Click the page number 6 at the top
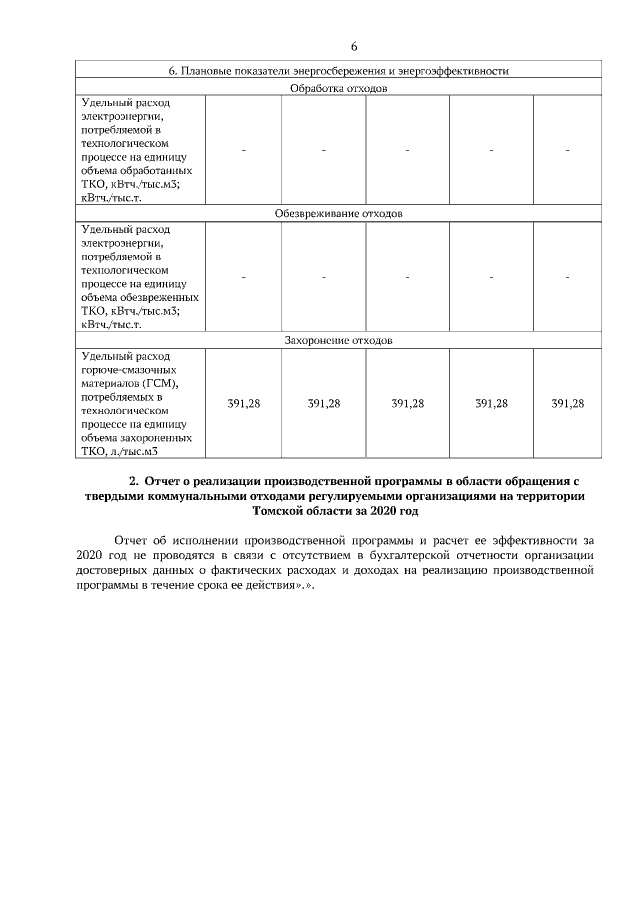tap(354, 48)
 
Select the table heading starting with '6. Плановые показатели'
tap(339, 72)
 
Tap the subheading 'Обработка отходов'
tap(338, 88)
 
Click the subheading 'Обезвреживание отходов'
tap(338, 214)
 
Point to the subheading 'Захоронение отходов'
tap(338, 341)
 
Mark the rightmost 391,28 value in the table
tap(567, 404)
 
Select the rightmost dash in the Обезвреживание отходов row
tap(567, 277)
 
